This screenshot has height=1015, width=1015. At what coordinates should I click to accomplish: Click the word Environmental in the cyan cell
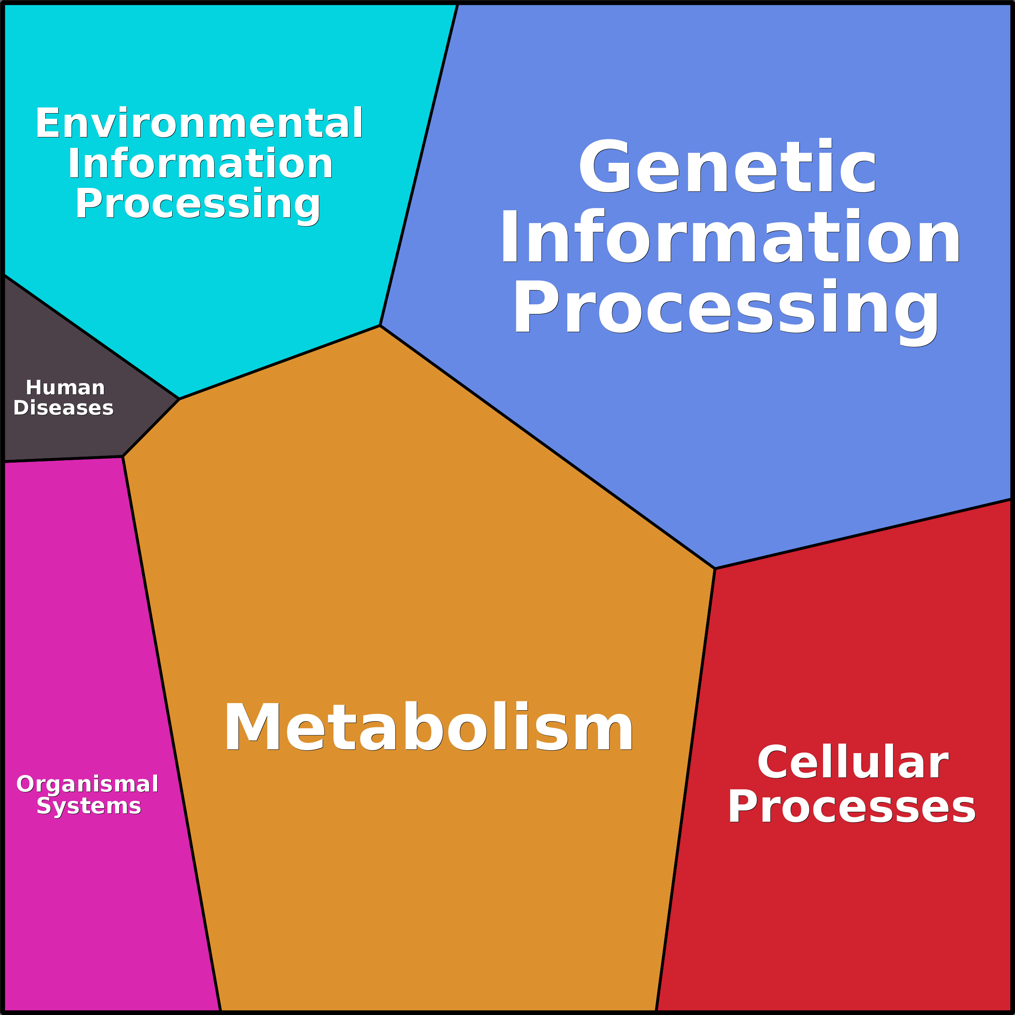pos(199,124)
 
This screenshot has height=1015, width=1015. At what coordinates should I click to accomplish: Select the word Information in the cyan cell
pos(200,164)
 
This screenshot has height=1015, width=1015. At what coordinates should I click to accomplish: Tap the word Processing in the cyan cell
pos(198,204)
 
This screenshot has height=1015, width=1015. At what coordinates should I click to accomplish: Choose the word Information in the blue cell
pos(730,236)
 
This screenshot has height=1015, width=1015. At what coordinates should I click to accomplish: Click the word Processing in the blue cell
pos(726,307)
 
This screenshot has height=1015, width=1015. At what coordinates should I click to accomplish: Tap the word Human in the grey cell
pos(65,388)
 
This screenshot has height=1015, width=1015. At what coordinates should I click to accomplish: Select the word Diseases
pos(63,408)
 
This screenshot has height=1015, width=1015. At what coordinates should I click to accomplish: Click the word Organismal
pos(87,784)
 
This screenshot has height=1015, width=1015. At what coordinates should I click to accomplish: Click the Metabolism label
pos(429,728)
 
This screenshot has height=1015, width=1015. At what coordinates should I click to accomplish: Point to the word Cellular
pos(852,763)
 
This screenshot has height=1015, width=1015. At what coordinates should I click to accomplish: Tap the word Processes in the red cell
pos(851,807)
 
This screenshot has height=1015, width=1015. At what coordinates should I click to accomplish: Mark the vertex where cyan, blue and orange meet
pos(380,326)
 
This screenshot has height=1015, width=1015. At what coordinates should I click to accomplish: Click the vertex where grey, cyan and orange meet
pos(180,399)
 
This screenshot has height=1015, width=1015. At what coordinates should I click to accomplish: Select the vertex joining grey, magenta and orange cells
pos(123,457)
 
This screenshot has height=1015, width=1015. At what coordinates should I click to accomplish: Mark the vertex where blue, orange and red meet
pos(715,569)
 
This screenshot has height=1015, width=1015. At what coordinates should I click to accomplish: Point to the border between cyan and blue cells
pos(419,165)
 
